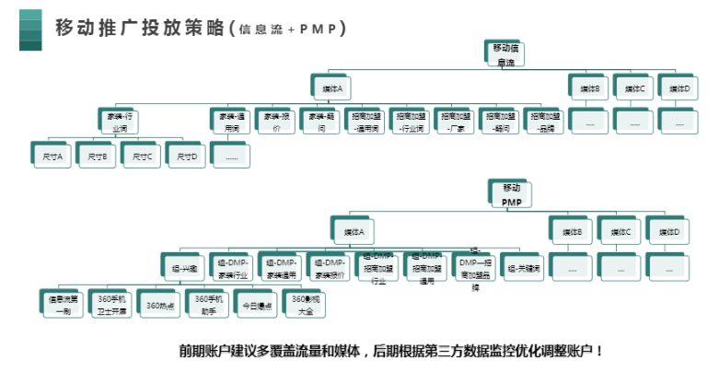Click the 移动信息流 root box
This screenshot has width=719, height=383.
505,54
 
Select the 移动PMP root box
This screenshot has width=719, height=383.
511,194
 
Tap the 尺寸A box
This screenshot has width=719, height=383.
52,157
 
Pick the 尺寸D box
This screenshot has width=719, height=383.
186,157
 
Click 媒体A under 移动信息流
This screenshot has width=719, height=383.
332,88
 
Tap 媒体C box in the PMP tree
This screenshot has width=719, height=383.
620,232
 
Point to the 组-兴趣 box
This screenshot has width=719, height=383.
181,267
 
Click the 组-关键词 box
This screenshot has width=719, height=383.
523,267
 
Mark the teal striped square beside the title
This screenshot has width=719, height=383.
30,29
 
